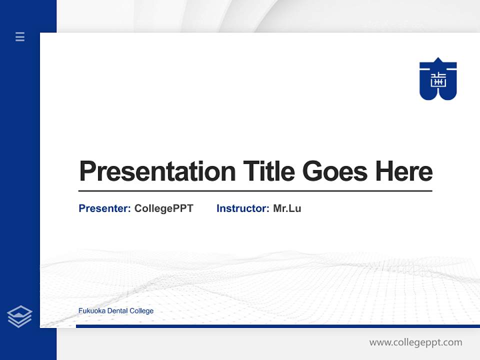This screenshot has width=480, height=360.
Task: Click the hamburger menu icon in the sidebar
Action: (x=20, y=36)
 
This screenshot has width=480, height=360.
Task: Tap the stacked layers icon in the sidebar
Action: (x=19, y=316)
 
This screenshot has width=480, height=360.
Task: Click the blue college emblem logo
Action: (x=438, y=79)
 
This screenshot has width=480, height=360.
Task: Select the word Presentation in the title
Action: (x=157, y=171)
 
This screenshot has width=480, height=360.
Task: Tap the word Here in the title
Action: (x=404, y=171)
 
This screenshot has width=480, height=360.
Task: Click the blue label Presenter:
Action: (x=104, y=208)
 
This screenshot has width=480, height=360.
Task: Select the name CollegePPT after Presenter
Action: (x=163, y=208)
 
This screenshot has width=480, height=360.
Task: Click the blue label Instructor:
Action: (x=242, y=208)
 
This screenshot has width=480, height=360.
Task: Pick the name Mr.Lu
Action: (x=287, y=208)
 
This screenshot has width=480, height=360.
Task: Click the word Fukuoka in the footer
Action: (x=90, y=311)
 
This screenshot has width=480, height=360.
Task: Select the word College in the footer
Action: (x=141, y=311)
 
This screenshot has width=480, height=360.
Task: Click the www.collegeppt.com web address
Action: (x=415, y=342)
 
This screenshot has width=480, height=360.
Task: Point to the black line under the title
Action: (x=255, y=191)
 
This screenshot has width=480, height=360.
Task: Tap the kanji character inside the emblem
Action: (x=438, y=79)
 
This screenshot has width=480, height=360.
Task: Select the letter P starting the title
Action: (x=87, y=171)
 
